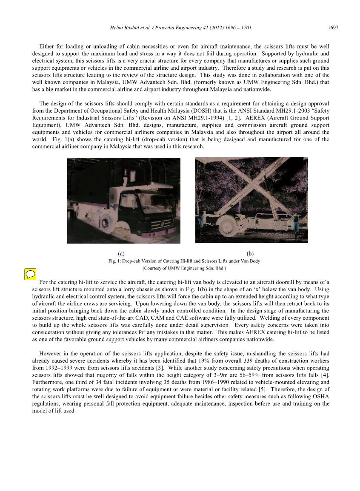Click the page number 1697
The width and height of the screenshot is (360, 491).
333,28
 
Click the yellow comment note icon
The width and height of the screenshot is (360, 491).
30,275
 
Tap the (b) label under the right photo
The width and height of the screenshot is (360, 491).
250,254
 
